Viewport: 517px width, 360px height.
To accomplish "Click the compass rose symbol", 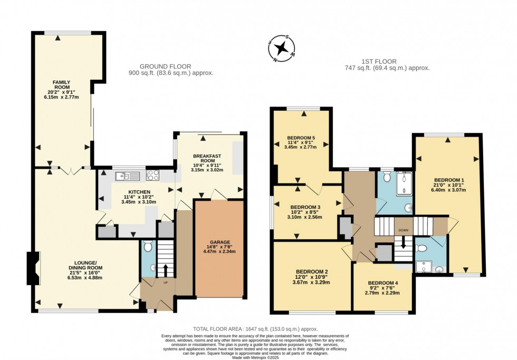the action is pos(282,48).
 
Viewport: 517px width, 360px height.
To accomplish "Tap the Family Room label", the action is pos(61,85).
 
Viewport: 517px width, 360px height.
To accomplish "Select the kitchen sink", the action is pos(128,176).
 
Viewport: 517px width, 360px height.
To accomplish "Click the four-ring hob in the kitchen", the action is pos(152,175).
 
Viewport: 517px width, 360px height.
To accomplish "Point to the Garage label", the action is pos(220,242).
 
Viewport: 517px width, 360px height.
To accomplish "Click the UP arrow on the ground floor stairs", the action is pos(165,270).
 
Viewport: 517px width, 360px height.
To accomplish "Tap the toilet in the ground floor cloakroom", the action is pos(148,246).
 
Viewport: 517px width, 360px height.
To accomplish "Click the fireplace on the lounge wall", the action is pos(33,268).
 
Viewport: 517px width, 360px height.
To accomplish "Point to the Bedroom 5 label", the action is pos(301,138).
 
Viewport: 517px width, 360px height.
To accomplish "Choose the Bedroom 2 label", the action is pos(312,272).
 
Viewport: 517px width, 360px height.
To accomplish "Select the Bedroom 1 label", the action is pos(449,180).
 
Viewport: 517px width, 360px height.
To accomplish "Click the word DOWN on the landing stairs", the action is pos(403,230).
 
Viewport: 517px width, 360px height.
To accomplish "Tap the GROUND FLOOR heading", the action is pos(166,66).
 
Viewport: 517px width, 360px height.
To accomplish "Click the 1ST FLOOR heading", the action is pos(379,61).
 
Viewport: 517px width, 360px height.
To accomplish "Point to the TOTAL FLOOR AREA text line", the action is pos(255,329).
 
